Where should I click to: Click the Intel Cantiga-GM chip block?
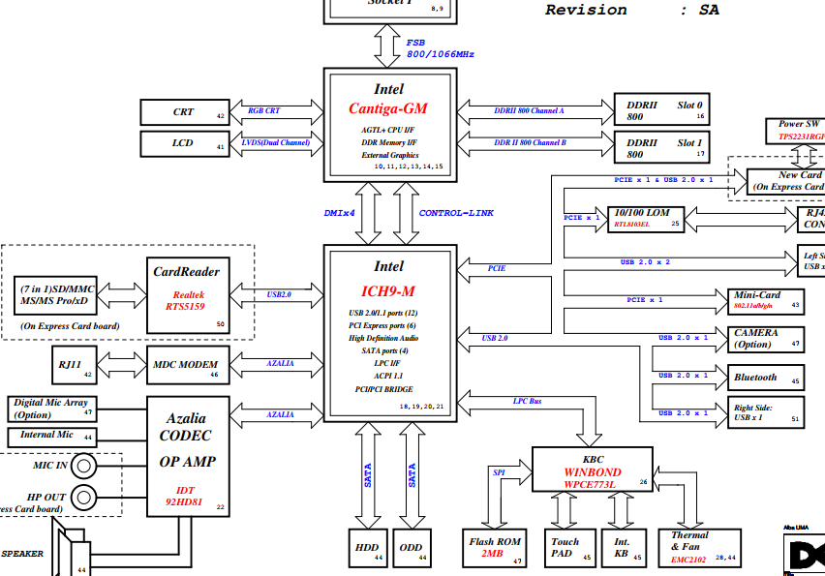click(x=389, y=124)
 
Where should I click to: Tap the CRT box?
click(x=184, y=112)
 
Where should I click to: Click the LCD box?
click(x=184, y=144)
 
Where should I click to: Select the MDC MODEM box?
click(x=188, y=365)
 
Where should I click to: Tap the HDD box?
click(x=368, y=548)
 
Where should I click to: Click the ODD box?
click(x=412, y=548)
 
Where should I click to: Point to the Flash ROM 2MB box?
click(x=495, y=548)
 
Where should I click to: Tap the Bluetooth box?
click(x=766, y=378)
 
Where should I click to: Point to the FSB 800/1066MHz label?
click(x=426, y=48)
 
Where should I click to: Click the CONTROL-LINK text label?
click(x=456, y=213)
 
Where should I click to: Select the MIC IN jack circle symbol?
click(x=85, y=467)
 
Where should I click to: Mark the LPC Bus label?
click(x=528, y=401)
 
